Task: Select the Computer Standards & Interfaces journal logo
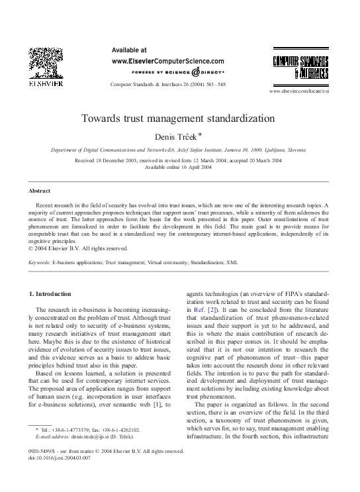point(301,66)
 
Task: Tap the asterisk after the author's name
point(200,134)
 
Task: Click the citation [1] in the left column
point(157,385)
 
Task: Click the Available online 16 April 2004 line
point(178,167)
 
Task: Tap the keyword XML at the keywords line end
point(232,263)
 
